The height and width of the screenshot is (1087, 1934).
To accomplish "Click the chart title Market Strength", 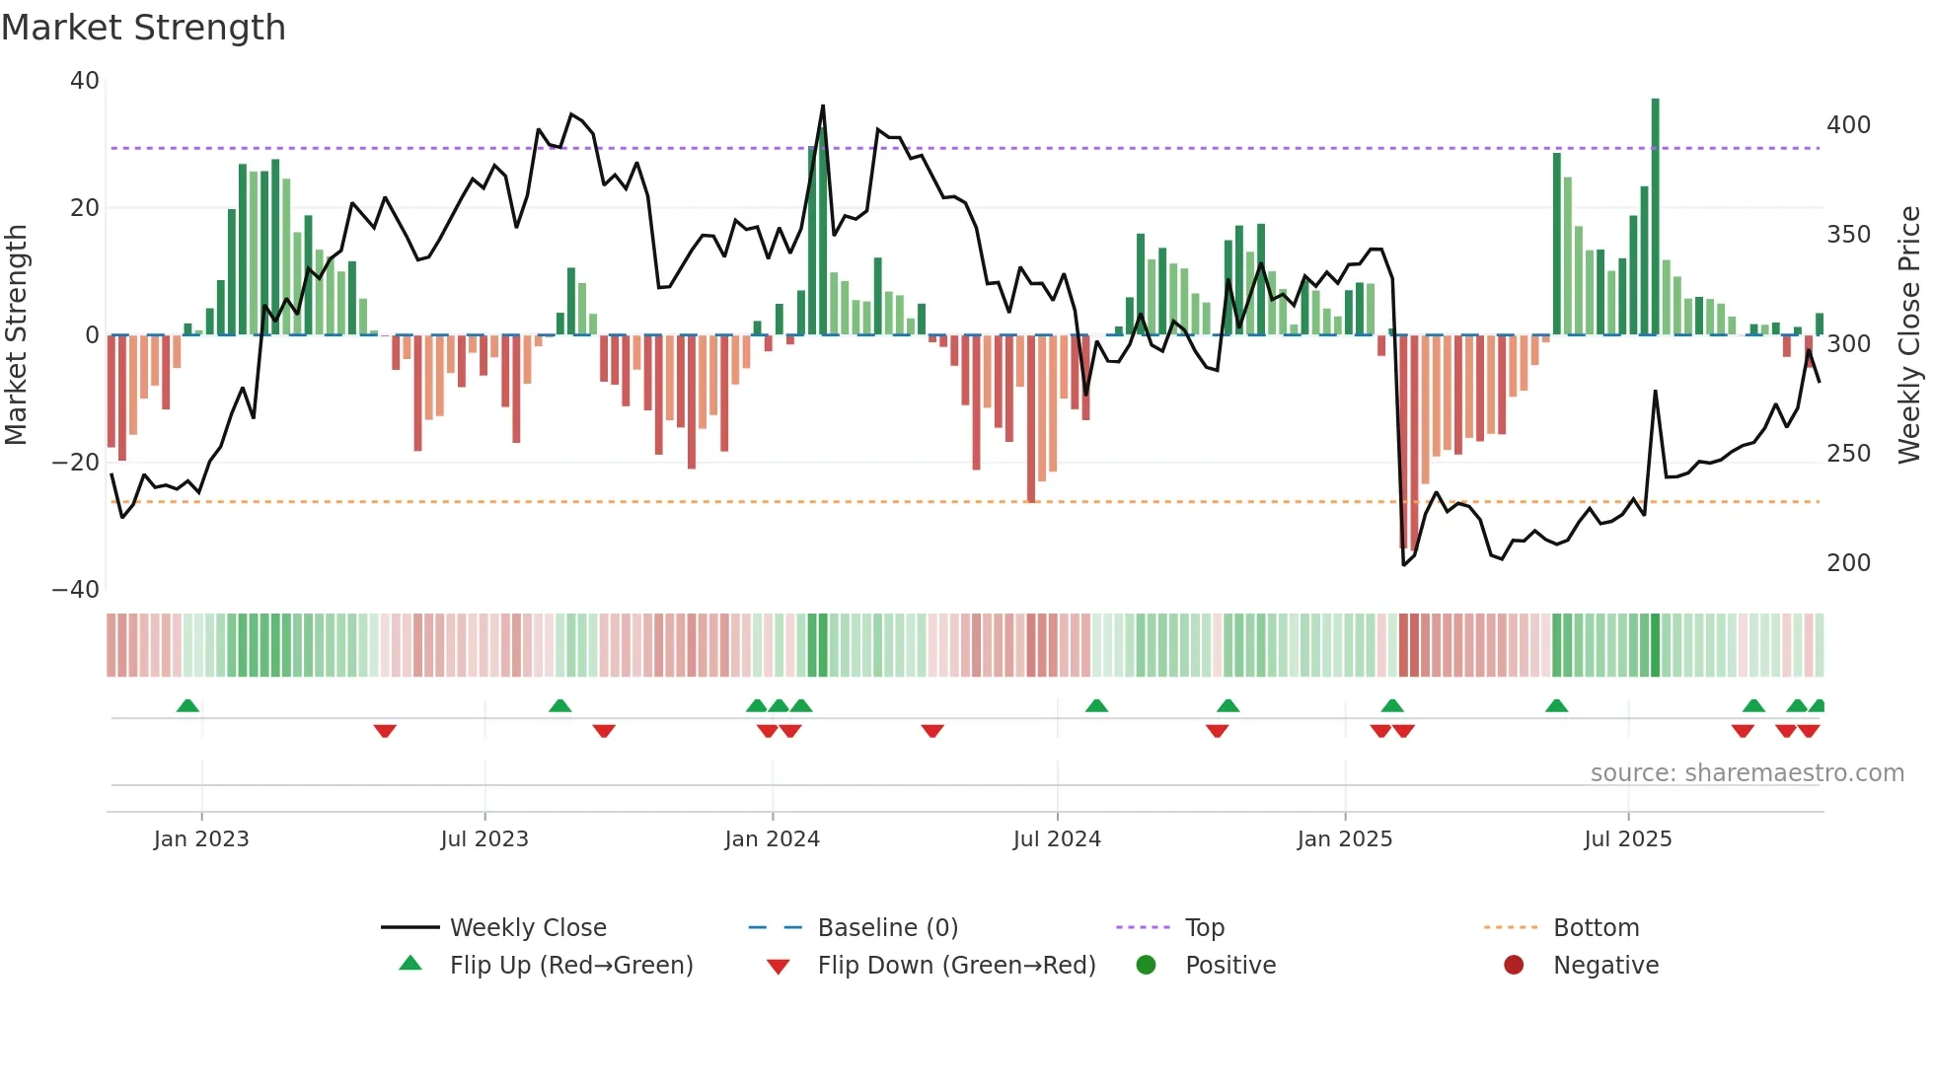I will pyautogui.click(x=144, y=28).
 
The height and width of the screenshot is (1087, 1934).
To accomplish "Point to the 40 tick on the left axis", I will pyautogui.click(x=85, y=81).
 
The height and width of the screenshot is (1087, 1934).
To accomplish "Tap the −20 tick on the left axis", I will pyautogui.click(x=76, y=462).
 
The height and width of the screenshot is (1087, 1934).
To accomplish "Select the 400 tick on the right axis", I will pyautogui.click(x=1848, y=125).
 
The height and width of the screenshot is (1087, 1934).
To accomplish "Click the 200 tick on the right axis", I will pyautogui.click(x=1848, y=563).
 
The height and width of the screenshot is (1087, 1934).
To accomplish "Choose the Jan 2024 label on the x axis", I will pyautogui.click(x=772, y=839).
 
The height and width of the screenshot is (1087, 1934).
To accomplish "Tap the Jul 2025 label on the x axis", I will pyautogui.click(x=1627, y=839).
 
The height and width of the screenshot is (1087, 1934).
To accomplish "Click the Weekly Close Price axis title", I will pyautogui.click(x=1909, y=335).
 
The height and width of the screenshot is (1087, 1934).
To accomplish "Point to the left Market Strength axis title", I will pyautogui.click(x=17, y=335).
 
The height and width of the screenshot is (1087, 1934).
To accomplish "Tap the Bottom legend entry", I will pyautogui.click(x=1596, y=928).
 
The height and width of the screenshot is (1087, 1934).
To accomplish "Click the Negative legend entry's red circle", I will pyautogui.click(x=1514, y=965).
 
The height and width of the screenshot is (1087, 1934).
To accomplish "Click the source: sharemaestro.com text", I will pyautogui.click(x=1747, y=773).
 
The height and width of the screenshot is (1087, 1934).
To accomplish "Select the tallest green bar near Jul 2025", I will pyautogui.click(x=1655, y=217).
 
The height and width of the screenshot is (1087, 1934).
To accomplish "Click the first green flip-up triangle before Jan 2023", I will pyautogui.click(x=187, y=705).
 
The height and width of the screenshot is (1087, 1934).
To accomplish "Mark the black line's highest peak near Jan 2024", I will pyautogui.click(x=823, y=107).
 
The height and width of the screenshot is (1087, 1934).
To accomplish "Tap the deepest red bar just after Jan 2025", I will pyautogui.click(x=1404, y=444).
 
